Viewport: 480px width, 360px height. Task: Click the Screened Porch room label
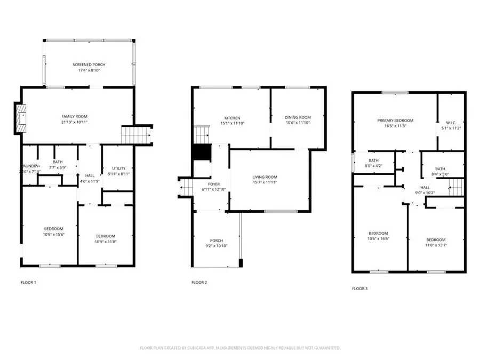(89, 65)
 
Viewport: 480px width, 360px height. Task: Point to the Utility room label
(118, 167)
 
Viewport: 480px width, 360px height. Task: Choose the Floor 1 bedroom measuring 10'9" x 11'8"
(105, 236)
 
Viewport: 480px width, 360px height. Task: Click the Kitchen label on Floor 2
(231, 118)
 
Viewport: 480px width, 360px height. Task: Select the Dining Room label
(298, 117)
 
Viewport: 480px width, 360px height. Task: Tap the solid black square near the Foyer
(200, 153)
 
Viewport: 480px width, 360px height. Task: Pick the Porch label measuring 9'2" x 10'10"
(216, 241)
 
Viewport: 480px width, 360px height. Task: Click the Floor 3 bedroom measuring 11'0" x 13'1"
(436, 240)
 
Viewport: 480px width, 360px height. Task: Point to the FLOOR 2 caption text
(199, 282)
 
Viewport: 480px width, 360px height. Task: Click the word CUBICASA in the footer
(195, 348)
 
